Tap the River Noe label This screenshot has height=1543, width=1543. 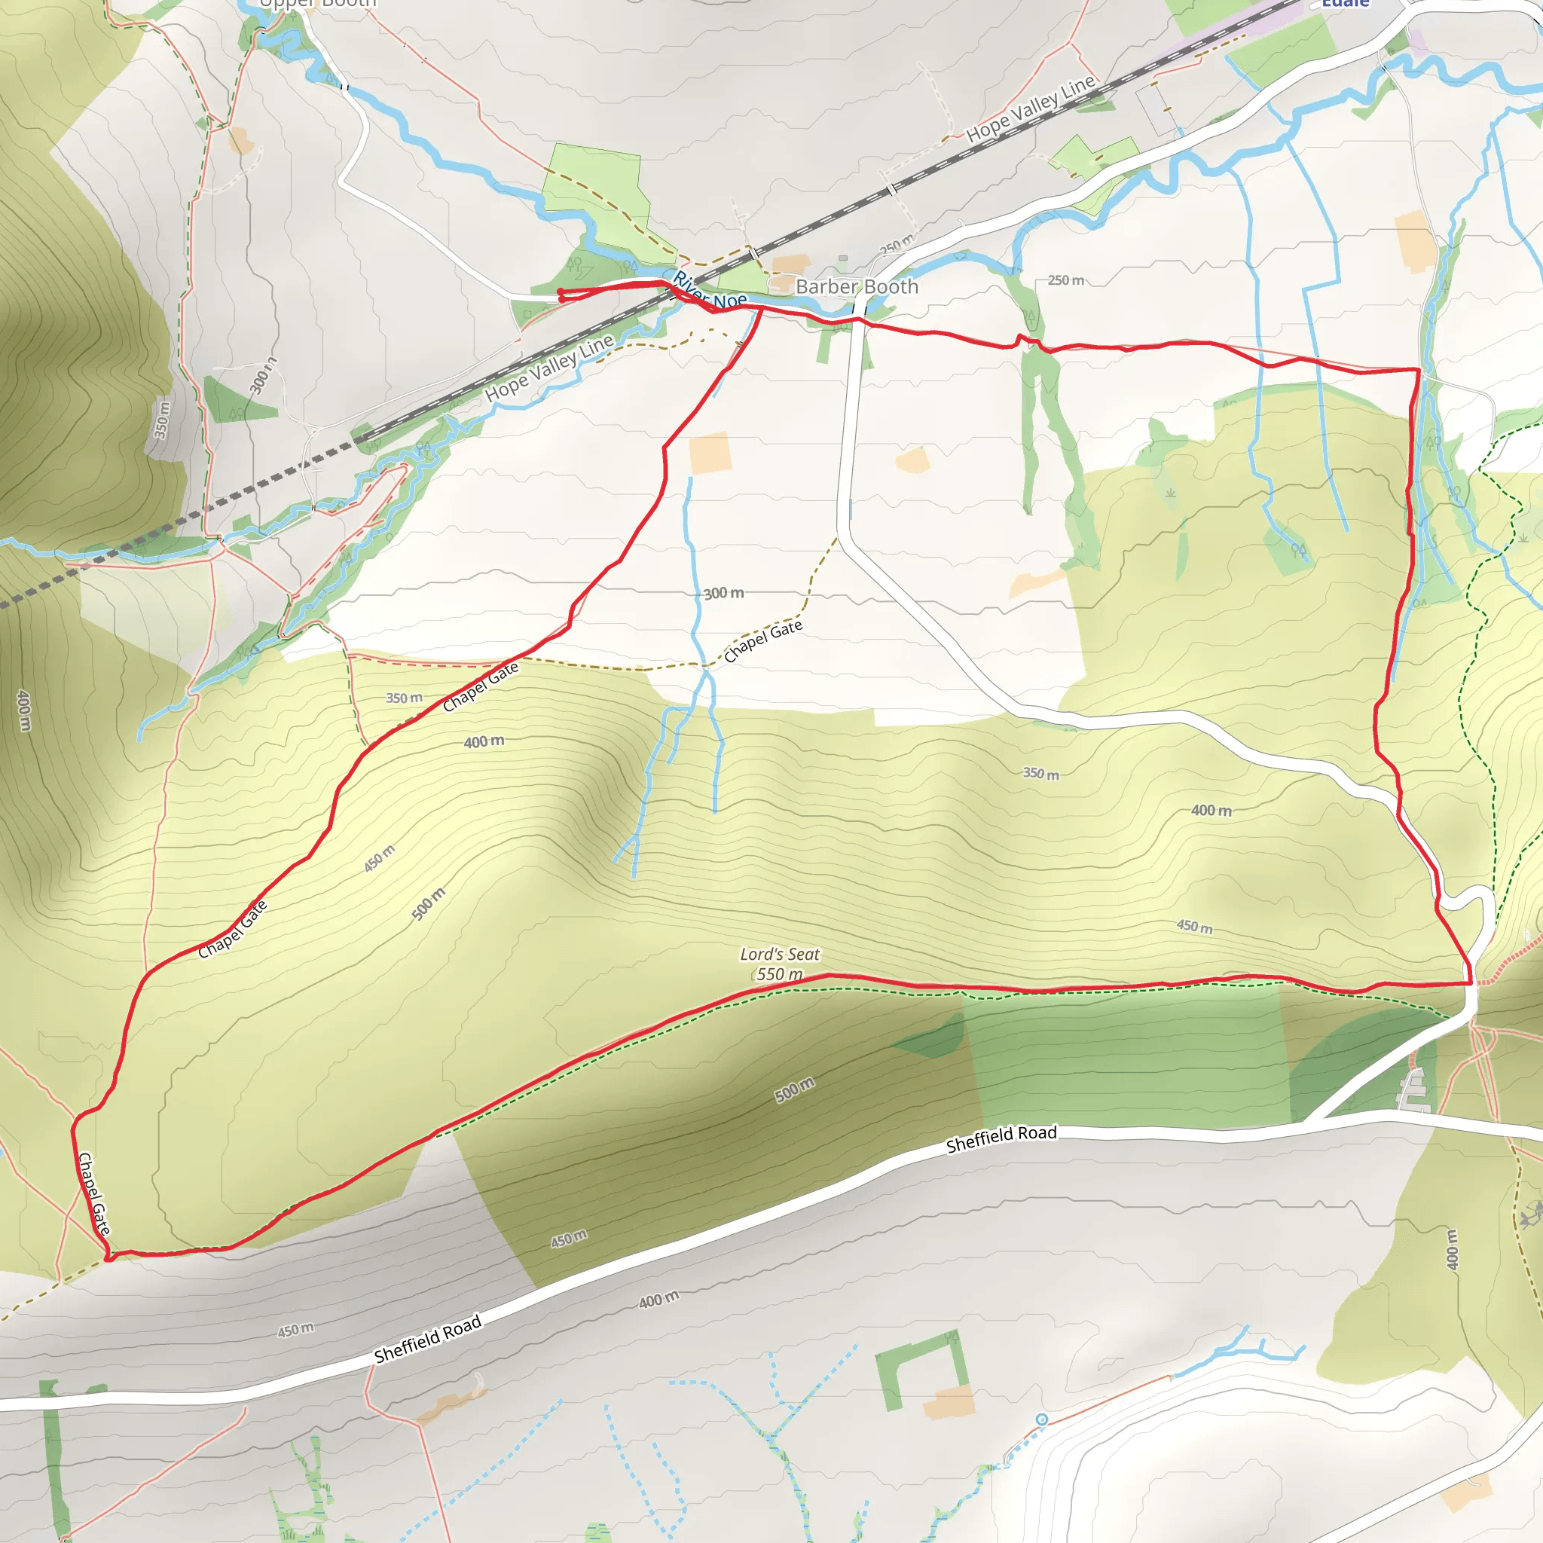709,292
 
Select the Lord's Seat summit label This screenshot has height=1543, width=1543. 780,954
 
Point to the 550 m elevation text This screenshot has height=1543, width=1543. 779,973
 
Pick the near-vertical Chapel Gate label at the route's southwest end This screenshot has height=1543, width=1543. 93,1193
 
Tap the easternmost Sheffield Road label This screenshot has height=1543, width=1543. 1001,1139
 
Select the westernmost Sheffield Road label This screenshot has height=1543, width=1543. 428,1339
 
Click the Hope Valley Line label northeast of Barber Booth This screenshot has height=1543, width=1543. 1030,109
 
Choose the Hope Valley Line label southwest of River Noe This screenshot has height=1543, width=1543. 548,368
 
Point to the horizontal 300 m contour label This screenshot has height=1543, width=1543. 723,593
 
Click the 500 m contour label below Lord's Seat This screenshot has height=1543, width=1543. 795,1089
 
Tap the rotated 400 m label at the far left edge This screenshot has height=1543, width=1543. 24,710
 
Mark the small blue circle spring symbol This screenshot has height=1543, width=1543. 1041,1419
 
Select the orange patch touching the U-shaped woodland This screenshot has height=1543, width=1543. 949,1401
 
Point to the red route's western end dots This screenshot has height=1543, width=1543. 561,295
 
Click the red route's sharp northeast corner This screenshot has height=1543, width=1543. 1419,370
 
